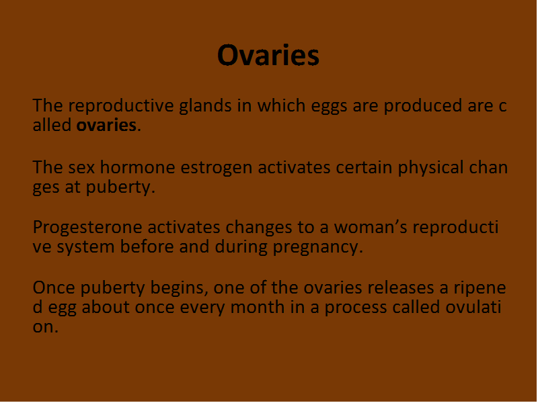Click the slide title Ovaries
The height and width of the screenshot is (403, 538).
click(268, 55)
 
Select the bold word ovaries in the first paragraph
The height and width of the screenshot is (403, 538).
click(106, 125)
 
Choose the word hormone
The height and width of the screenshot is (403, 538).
click(138, 167)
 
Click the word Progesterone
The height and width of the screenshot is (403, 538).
click(87, 228)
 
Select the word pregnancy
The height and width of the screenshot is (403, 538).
click(318, 247)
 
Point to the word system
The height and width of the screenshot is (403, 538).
click(85, 247)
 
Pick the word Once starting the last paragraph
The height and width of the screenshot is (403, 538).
click(54, 287)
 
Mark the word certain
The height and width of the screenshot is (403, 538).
click(364, 168)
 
